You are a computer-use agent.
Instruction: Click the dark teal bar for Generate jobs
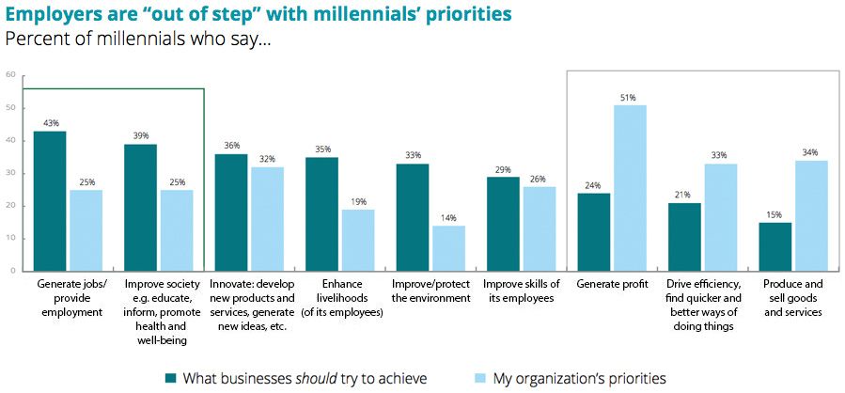[x=50, y=200]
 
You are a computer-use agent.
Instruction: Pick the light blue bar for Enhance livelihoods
[x=358, y=240]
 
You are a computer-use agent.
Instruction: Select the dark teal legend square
[x=170, y=378]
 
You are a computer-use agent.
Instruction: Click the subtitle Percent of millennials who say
[x=138, y=40]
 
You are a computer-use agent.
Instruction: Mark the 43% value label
[x=50, y=122]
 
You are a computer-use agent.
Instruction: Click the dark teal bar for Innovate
[x=231, y=212]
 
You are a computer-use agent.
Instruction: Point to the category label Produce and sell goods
[x=794, y=291]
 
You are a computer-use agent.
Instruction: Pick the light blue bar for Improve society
[x=177, y=230]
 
